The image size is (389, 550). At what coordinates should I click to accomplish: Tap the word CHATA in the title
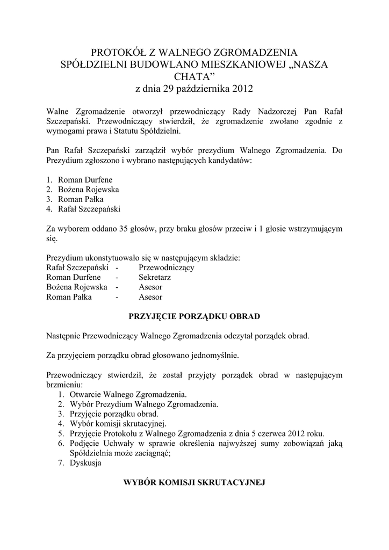(194, 76)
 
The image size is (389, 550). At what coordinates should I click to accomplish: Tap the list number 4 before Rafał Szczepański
(48, 208)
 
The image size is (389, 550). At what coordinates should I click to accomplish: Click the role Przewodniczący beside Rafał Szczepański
(167, 267)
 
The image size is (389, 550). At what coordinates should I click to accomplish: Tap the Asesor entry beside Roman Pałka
(150, 296)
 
